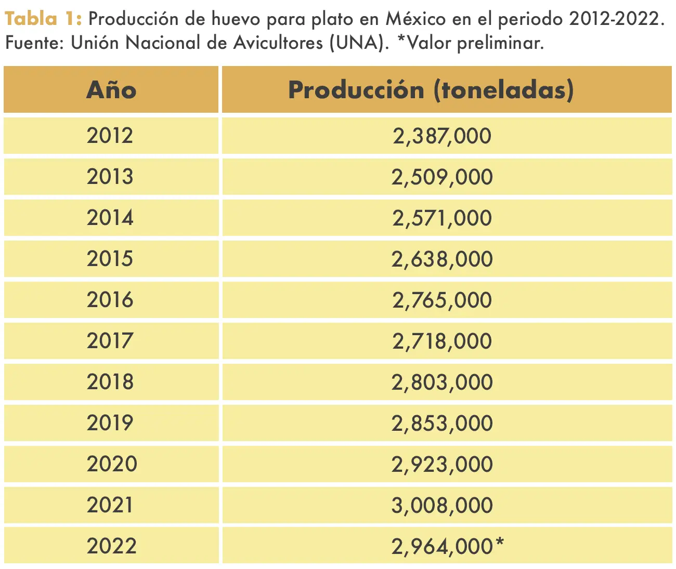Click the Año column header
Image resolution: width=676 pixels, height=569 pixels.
[111, 90]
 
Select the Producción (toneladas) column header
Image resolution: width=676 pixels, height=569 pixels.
[431, 90]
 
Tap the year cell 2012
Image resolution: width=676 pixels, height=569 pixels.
[110, 136]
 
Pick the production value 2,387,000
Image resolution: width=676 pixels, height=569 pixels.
[442, 136]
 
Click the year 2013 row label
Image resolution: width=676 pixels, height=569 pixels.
[110, 177]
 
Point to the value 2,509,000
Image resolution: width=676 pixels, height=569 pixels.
[442, 177]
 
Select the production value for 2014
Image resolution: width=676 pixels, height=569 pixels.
[442, 218]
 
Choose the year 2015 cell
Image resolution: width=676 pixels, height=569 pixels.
[110, 259]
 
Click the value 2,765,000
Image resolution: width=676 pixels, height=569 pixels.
[442, 300]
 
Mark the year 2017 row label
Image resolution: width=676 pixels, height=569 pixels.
[110, 341]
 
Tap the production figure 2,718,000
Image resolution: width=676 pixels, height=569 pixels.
[442, 341]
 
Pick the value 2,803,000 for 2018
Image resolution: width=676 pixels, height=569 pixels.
[442, 382]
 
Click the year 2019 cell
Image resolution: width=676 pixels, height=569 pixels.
[110, 423]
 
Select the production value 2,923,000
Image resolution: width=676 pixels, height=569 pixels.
[442, 465]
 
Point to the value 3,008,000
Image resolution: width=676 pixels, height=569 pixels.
[442, 506]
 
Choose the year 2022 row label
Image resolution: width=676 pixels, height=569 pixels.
[111, 546]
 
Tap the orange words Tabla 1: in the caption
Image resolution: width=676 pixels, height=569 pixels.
[43, 19]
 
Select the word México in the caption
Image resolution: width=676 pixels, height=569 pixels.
[415, 19]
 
